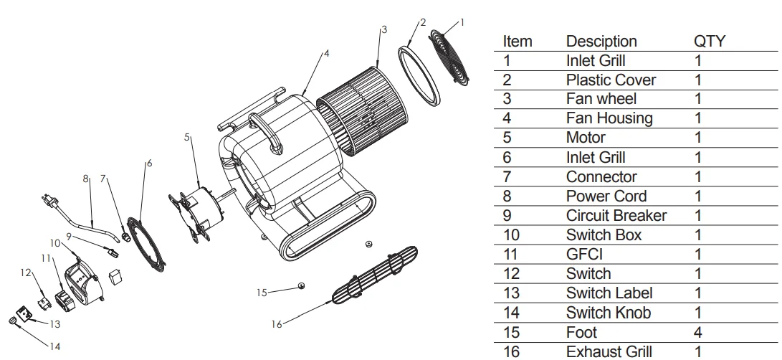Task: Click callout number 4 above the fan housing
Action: point(326,53)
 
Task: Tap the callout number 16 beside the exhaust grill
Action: point(277,324)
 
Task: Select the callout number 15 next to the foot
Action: point(262,292)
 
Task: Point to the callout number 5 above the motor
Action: point(188,137)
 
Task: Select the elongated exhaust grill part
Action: point(373,276)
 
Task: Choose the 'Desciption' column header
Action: point(601,42)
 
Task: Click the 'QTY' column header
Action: point(709,42)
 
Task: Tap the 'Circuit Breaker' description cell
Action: point(616,216)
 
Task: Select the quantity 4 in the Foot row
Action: point(698,332)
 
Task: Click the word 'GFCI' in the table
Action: point(585,255)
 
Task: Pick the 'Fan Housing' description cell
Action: point(609,118)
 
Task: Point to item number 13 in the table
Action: point(511,293)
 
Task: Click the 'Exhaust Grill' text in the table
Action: point(609,351)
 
